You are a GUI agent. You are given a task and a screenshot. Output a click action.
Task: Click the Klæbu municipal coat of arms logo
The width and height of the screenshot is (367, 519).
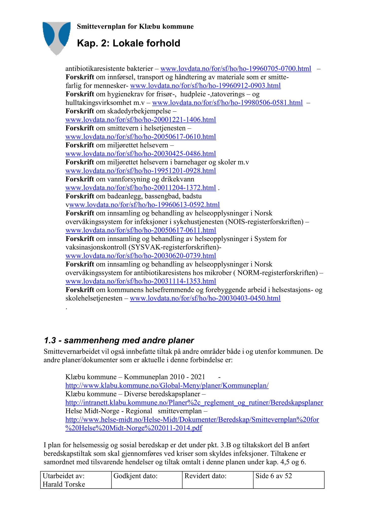pos(56,38)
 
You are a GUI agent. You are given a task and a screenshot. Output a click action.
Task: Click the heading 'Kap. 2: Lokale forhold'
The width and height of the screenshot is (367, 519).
pos(129,43)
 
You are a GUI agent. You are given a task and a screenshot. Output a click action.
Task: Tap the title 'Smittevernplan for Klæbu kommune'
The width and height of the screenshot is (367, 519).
pos(135,27)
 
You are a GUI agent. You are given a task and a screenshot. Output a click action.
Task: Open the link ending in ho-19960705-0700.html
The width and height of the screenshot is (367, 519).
pos(236,69)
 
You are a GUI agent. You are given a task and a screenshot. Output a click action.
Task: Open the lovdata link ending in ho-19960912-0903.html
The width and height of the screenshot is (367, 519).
pos(205,86)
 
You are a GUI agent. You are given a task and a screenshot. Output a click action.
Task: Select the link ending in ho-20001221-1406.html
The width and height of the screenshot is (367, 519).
pos(141,120)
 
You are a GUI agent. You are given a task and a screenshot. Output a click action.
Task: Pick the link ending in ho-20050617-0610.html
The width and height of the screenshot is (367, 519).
pos(141,137)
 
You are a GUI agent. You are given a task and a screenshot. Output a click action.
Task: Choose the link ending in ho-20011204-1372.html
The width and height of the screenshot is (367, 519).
pos(141,188)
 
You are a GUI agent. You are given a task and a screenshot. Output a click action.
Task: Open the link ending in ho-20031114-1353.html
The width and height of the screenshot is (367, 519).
pos(141,281)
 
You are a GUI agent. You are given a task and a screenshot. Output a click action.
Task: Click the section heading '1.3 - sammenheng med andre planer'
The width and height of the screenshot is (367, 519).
pos(119,340)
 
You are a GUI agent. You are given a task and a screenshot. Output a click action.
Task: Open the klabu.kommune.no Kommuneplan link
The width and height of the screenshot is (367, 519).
pos(167,385)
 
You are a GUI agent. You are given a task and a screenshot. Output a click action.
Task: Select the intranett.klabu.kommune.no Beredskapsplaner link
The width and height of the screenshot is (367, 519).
pos(194,402)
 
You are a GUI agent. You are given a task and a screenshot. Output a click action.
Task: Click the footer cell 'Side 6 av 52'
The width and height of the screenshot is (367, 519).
pos(274,476)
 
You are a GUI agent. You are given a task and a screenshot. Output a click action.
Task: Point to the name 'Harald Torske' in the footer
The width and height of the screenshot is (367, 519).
pos(64,484)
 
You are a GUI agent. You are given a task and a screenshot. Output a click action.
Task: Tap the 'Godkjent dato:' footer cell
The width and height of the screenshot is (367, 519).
pos(136,476)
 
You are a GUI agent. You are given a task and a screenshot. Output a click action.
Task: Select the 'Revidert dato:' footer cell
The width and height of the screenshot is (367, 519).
pos(205,476)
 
